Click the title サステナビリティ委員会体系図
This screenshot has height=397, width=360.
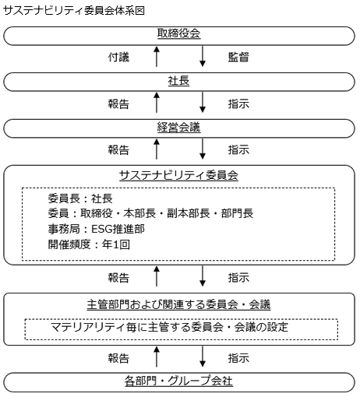coord(74,11)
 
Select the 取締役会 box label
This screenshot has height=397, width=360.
coord(178,33)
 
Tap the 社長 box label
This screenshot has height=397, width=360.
coord(178,81)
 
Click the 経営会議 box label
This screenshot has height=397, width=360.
coord(178,128)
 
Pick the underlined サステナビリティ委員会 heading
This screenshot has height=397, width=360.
coord(178,175)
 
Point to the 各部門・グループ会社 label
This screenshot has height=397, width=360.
coord(178,381)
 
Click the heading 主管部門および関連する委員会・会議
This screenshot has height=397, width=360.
coord(178,304)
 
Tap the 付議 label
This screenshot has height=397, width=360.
coord(118,58)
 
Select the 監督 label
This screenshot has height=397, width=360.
coord(238,58)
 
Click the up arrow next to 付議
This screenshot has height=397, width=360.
coord(157,57)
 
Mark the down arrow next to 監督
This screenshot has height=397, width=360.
coord(203,57)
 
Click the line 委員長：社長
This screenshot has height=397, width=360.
coord(80,198)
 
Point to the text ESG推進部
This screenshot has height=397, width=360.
coord(118,229)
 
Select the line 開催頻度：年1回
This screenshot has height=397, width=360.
coord(89,244)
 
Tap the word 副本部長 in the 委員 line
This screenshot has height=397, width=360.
coord(189,213)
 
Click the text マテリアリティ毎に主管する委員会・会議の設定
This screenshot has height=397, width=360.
coord(169,327)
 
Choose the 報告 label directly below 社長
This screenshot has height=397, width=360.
coord(118,104)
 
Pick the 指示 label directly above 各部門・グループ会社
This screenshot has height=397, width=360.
coord(238,358)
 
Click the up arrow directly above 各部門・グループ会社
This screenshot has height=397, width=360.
coord(157,357)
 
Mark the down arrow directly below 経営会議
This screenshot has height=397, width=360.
coord(203,149)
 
